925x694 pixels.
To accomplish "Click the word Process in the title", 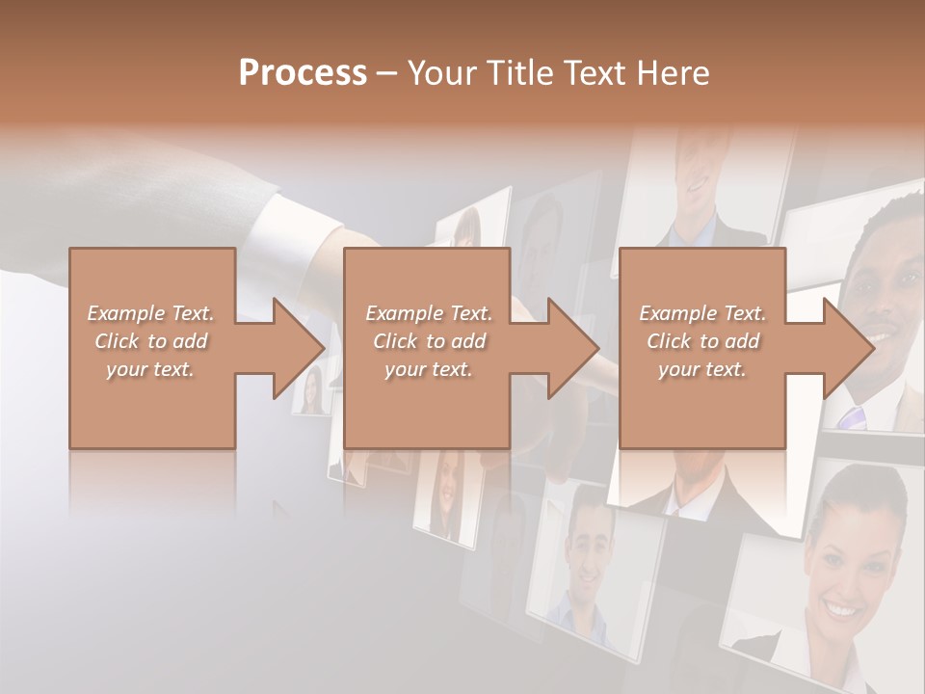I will click(x=303, y=73).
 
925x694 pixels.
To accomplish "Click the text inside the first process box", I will click(x=150, y=341).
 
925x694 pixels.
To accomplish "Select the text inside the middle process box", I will click(x=428, y=341).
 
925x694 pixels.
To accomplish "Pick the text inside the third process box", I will click(x=701, y=341).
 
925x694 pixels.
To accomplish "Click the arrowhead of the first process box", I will click(x=299, y=348).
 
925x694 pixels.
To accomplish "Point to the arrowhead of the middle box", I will click(x=573, y=348).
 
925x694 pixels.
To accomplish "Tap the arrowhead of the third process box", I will click(x=849, y=348).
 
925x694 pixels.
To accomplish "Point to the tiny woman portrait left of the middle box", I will click(x=311, y=388).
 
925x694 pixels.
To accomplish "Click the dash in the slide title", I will click(x=387, y=73).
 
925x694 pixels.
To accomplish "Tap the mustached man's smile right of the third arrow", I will click(x=883, y=339).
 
